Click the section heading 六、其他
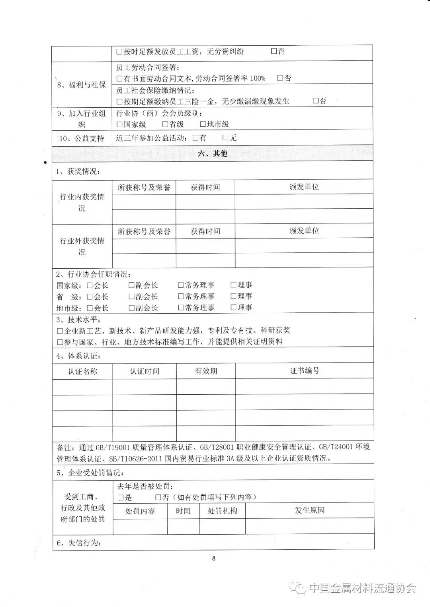coord(212,153)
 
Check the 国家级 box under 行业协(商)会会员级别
coord(119,124)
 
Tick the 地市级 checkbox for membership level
coord(203,124)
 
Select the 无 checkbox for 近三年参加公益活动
coord(225,138)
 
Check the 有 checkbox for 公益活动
coord(195,138)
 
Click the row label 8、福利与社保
coord(82,85)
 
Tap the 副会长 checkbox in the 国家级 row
coord(131,285)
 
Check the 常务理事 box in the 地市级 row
coord(181,308)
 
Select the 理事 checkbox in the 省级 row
coord(234,296)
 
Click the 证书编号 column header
coord(305,371)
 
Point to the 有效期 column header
coord(206,371)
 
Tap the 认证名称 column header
coord(82,372)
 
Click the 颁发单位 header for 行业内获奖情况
coord(304,187)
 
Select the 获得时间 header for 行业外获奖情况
coord(205,231)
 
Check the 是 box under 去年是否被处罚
coord(121,497)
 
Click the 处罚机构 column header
coord(222,511)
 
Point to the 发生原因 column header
coord(310,510)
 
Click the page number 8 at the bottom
coord(214,559)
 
